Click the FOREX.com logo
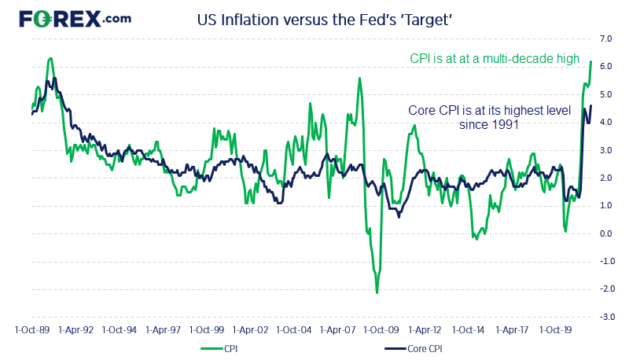coord(75,19)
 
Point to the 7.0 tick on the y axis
coord(606,39)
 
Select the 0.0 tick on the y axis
coord(606,233)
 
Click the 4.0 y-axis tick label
coord(606,122)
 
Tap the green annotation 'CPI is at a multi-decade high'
coord(500,59)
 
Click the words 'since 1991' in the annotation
coord(488,124)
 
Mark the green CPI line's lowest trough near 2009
coord(377,292)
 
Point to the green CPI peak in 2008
coord(359,78)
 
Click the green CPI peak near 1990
coord(50,58)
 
